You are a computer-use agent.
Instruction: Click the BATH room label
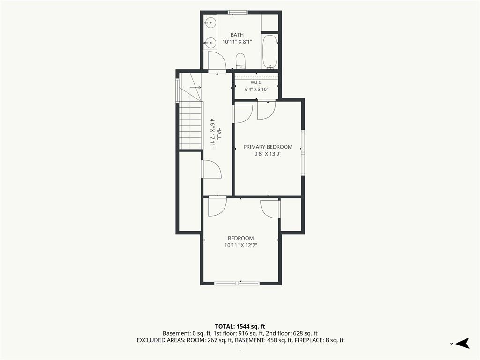click(x=237, y=35)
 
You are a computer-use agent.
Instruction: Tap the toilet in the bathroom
click(x=240, y=61)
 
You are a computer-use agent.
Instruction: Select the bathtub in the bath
click(x=270, y=52)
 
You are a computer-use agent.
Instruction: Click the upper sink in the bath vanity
click(x=210, y=22)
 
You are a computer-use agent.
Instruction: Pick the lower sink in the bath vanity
click(x=210, y=43)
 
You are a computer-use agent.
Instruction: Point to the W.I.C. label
click(x=256, y=82)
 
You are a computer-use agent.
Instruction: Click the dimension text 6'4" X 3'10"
click(x=256, y=90)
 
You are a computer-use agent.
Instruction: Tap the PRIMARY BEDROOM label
click(x=268, y=147)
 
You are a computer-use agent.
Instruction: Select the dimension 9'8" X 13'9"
click(x=268, y=154)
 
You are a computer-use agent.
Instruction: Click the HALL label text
click(x=219, y=134)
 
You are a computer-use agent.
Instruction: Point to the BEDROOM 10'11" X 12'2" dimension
click(x=240, y=245)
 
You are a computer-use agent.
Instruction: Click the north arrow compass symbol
click(x=462, y=343)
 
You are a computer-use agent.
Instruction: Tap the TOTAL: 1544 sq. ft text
click(x=240, y=326)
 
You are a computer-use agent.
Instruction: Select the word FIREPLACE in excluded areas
click(x=307, y=340)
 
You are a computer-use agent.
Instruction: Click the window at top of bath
click(x=238, y=13)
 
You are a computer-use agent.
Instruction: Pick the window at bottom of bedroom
click(x=237, y=284)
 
